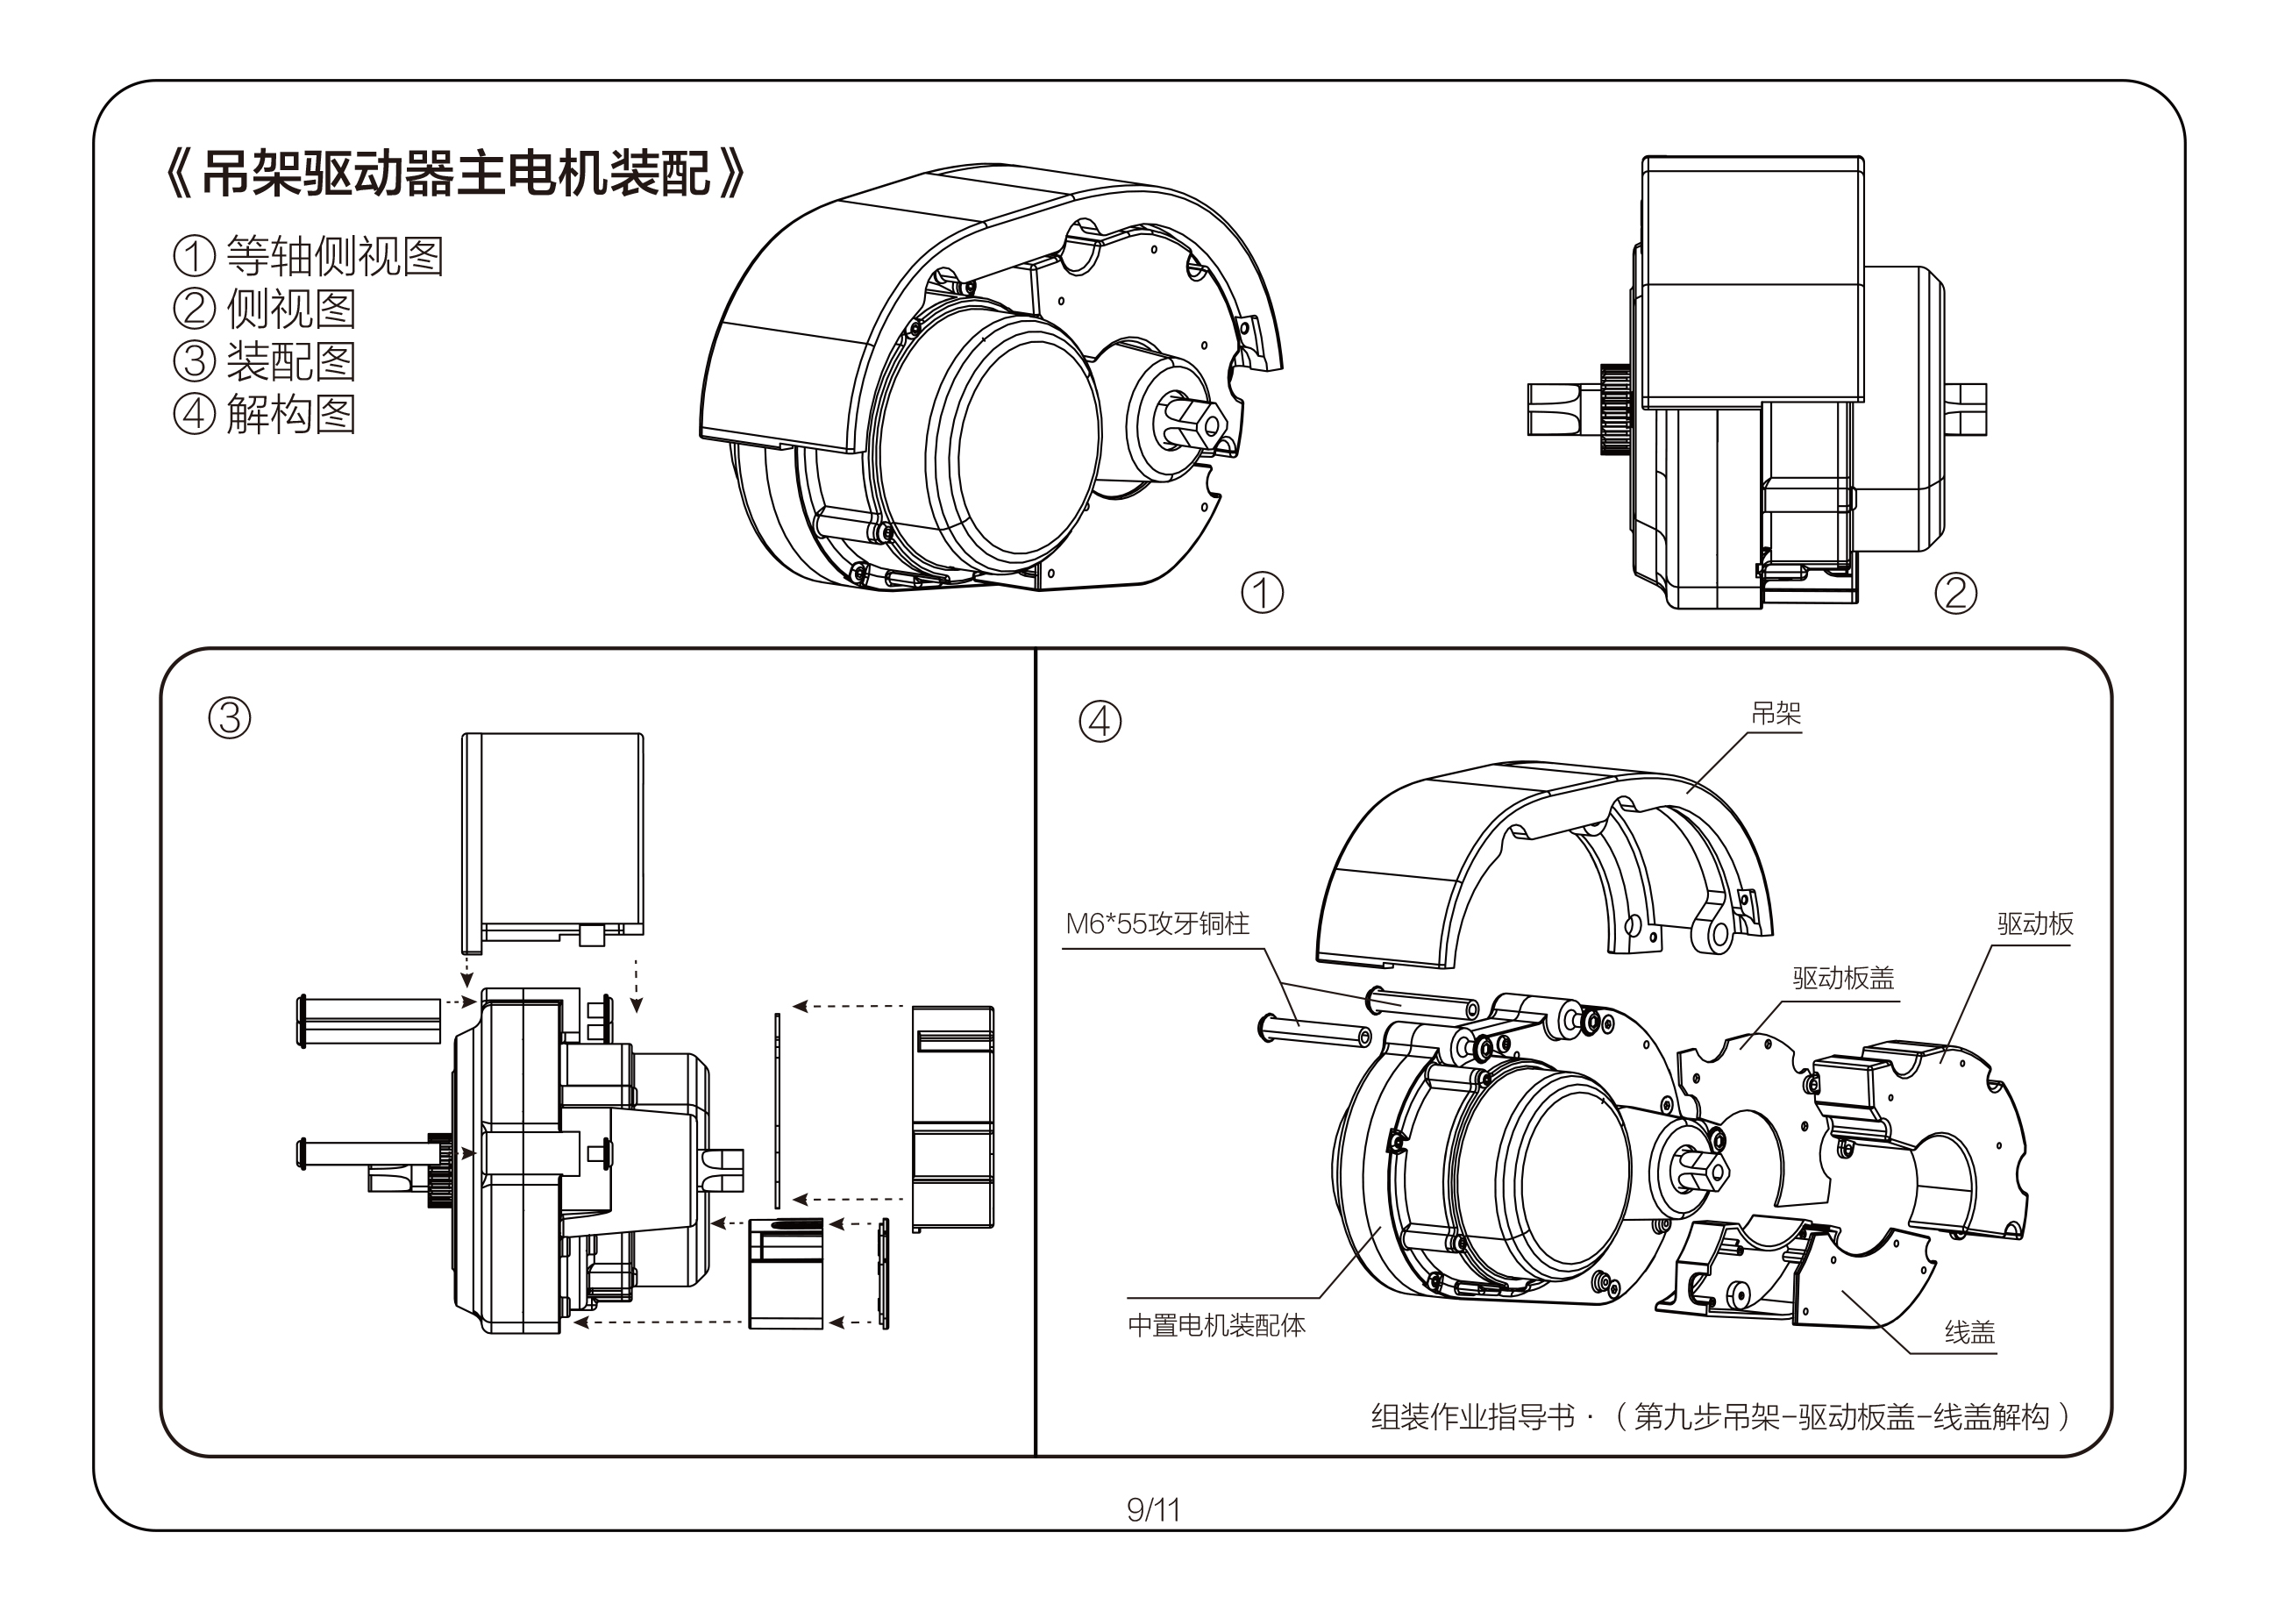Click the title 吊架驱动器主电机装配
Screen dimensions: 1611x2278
click(457, 175)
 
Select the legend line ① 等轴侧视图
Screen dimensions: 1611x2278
click(308, 256)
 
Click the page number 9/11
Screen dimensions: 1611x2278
click(1153, 1510)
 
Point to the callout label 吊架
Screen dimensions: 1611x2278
click(1775, 714)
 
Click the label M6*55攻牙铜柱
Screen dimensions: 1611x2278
click(1157, 924)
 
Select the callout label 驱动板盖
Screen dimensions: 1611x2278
click(1842, 979)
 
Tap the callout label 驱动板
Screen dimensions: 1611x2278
click(2035, 924)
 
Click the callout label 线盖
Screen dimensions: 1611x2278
click(1969, 1332)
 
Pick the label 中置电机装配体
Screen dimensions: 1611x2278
click(1216, 1325)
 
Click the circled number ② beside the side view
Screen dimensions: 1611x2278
click(1955, 593)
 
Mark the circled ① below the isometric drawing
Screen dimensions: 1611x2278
click(1262, 593)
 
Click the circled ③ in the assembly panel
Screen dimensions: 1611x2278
click(229, 717)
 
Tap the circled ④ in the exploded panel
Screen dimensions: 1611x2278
click(1100, 721)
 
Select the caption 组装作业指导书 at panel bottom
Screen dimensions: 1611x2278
click(1472, 1416)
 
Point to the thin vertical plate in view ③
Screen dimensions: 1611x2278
click(778, 1112)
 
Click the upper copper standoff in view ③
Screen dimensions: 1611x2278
click(369, 1022)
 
